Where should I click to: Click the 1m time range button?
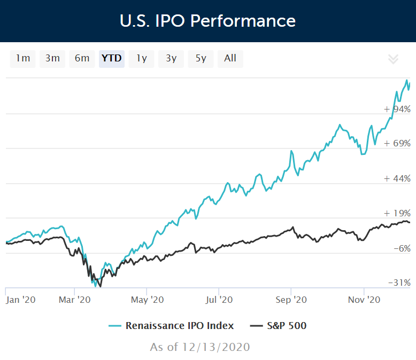[23, 58]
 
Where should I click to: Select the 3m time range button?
[52, 58]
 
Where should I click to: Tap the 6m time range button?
[82, 58]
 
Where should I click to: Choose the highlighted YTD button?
[112, 58]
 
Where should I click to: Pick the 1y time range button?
[141, 58]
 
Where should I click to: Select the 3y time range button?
[171, 58]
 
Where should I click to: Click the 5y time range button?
[201, 58]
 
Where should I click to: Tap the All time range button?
[230, 58]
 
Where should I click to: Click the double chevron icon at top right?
[393, 59]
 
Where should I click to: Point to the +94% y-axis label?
[397, 109]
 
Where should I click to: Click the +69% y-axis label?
[397, 144]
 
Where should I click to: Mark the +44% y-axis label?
[397, 178]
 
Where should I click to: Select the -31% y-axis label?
[399, 283]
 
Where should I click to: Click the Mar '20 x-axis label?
[74, 300]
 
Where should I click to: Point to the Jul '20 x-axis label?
[219, 300]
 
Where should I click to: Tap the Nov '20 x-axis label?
[364, 300]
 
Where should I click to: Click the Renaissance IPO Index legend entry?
[171, 325]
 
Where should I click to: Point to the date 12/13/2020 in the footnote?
[217, 347]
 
